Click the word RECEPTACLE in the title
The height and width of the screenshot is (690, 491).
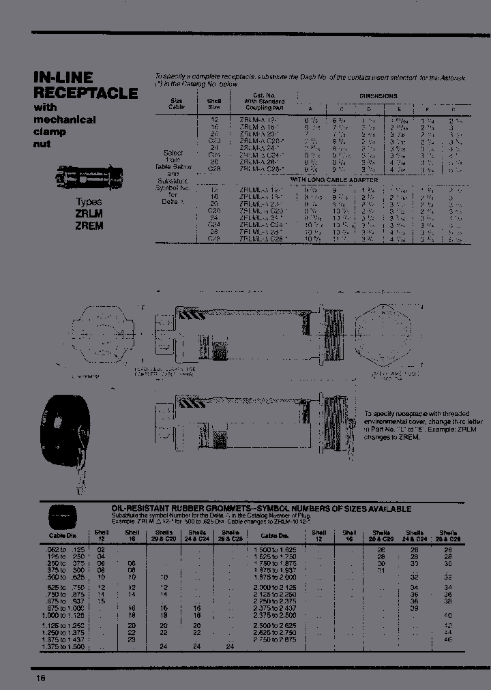pyautogui.click(x=86, y=93)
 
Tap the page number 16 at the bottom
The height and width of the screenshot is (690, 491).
pyautogui.click(x=41, y=678)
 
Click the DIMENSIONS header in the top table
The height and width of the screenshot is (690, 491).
pyautogui.click(x=378, y=96)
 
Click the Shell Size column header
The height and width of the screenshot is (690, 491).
pyautogui.click(x=213, y=104)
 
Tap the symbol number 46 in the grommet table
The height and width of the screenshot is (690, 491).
pyautogui.click(x=447, y=640)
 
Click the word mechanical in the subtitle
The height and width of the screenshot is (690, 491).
pyautogui.click(x=65, y=119)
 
